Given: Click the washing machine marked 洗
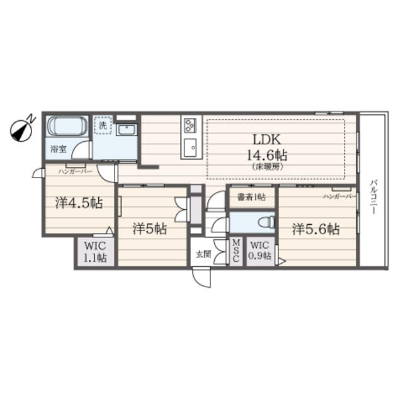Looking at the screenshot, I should [103, 125].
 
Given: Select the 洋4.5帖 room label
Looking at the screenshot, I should [79, 203].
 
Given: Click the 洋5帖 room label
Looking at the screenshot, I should [149, 229].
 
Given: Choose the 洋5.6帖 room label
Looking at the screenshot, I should [315, 229].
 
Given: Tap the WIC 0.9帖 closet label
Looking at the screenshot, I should [259, 251].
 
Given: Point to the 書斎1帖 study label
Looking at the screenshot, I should [251, 197].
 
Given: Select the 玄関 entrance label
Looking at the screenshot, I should [202, 254].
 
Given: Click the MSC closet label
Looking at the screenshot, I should [236, 251].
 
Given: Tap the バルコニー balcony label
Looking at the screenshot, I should [373, 198].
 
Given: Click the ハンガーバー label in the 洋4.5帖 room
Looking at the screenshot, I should [75, 171].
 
